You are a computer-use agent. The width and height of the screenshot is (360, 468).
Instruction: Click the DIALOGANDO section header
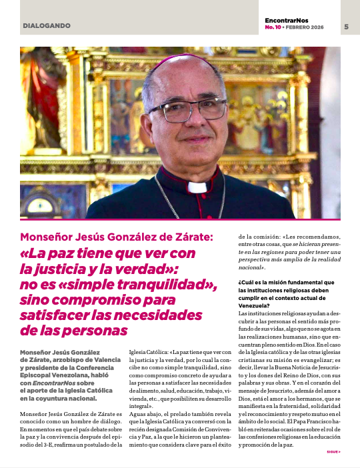coord(46,26)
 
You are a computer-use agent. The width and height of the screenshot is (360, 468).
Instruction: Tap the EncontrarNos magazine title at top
coord(291,21)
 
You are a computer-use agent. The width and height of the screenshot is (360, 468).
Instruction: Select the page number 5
coord(347,27)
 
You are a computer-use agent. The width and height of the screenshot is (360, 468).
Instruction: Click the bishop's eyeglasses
coord(188,109)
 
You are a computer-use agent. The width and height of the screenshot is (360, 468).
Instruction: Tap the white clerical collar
coord(196,187)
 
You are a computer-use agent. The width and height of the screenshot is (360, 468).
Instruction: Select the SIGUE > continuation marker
coord(333,451)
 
